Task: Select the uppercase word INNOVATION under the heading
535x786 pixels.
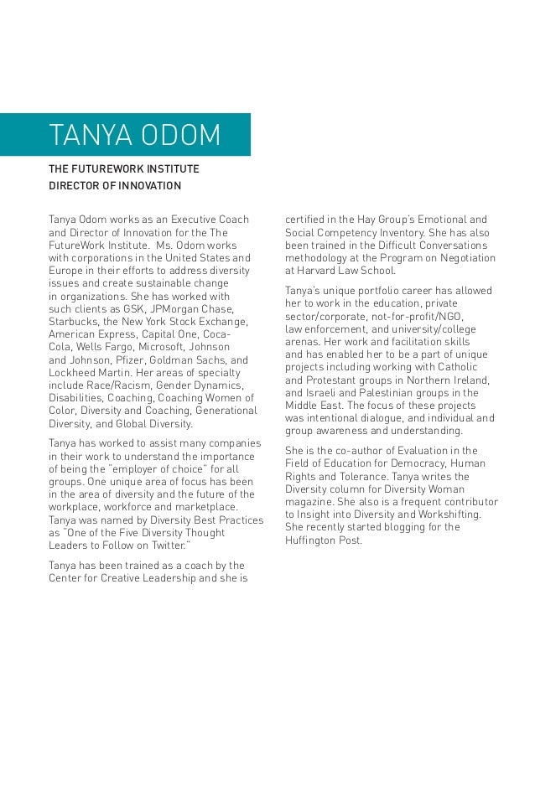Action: point(139,184)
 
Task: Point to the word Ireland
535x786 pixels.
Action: point(458,380)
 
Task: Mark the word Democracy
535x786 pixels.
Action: point(419,463)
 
